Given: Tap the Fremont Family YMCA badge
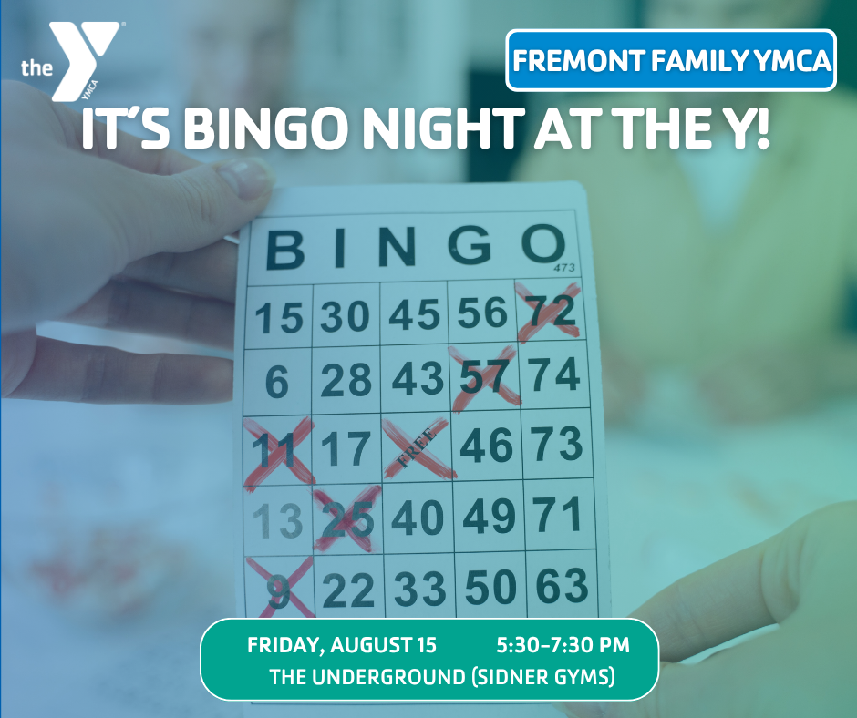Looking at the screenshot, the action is [x=671, y=60].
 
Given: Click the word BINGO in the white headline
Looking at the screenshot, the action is [x=265, y=128].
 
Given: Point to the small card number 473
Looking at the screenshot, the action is [x=564, y=268].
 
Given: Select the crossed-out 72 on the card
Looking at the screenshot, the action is [x=548, y=312].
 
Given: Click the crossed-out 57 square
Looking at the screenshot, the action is [x=484, y=377].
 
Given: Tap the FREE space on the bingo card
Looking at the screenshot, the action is [x=418, y=447].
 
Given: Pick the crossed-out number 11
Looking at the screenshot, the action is [x=278, y=451].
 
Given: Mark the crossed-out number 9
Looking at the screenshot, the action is [x=279, y=589].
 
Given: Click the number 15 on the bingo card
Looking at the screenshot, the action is [x=279, y=317].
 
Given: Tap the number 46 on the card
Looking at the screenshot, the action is [x=487, y=446].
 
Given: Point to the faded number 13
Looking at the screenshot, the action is [x=278, y=520].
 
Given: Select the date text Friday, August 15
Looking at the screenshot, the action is [x=342, y=645].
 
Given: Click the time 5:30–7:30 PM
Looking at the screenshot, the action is [x=563, y=645].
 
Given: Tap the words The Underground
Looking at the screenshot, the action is [x=367, y=676].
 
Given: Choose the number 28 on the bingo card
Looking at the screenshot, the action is [x=346, y=380].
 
